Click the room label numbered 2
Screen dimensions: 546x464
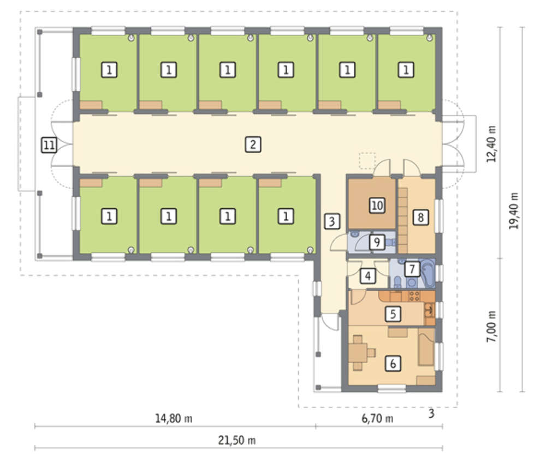pos(253,144)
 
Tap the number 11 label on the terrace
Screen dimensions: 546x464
pos(49,144)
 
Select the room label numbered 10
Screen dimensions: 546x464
pos(377,205)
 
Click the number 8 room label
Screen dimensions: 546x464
pos(420,218)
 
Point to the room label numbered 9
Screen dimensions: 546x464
pos(377,242)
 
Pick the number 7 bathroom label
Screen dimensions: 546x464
pos(412,269)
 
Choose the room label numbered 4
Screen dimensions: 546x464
pos(367,276)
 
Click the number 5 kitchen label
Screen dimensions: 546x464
pos(393,314)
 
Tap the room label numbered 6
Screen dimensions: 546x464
pos(393,364)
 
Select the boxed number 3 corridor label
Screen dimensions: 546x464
pos(332,221)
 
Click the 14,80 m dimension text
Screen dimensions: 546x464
pos(174,418)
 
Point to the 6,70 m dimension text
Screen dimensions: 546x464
pos(377,418)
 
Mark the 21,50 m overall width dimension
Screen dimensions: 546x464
pos(237,441)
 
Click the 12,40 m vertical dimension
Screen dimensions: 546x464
pos(491,143)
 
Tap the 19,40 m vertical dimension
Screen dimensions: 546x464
pos(514,210)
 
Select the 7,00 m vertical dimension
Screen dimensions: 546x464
pos(491,326)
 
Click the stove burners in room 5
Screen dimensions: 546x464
pos(414,296)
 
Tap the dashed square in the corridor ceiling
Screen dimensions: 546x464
pos(367,161)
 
